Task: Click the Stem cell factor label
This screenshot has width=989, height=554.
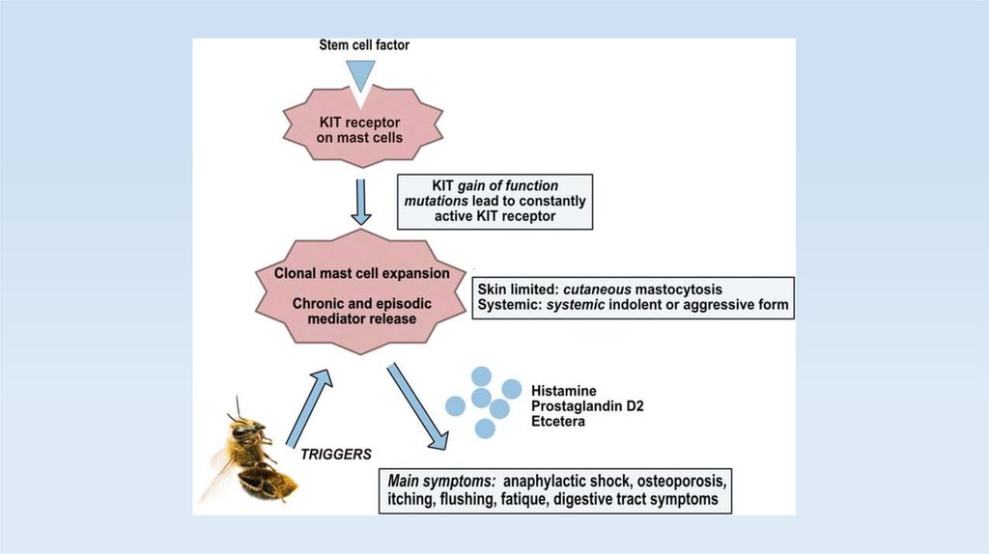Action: (364, 45)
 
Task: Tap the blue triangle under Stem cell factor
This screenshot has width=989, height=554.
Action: (361, 75)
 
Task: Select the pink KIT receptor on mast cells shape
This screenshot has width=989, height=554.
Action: (360, 129)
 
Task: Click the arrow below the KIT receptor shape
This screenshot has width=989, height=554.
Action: (361, 201)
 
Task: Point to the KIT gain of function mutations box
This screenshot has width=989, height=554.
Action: (495, 201)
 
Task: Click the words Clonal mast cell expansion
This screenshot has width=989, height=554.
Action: (362, 273)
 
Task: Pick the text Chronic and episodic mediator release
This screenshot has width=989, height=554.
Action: (362, 312)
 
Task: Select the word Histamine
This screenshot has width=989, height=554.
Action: (564, 390)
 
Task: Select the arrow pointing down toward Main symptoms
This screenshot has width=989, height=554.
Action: (418, 406)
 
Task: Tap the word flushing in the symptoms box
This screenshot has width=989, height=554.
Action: (470, 499)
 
